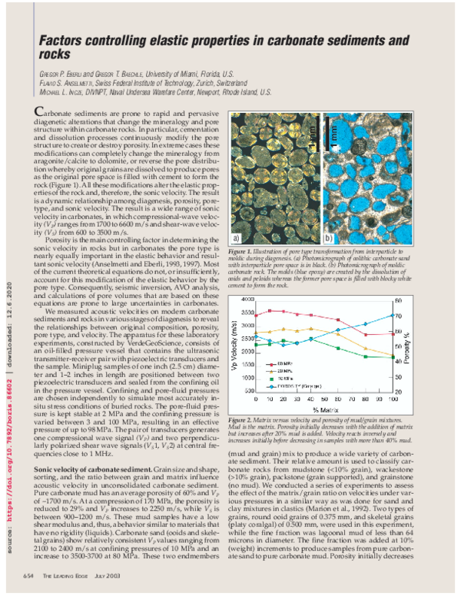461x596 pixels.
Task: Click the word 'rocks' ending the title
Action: tap(53, 53)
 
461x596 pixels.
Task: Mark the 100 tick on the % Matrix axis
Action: tap(394, 399)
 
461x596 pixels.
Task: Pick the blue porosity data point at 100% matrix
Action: tap(394, 315)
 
